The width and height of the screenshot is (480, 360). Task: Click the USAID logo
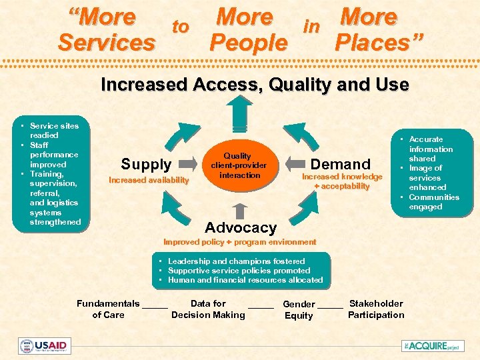44,345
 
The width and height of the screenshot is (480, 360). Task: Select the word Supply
146,164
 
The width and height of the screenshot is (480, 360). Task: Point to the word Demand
341,164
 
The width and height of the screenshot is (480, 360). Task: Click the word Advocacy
240,227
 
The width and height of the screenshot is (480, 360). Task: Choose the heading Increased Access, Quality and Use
255,85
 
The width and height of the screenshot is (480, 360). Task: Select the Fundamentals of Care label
108,309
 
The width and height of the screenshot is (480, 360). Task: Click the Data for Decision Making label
208,309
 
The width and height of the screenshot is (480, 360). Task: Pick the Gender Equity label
299,309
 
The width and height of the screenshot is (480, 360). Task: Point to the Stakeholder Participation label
376,309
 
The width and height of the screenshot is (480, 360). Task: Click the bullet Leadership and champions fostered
236,261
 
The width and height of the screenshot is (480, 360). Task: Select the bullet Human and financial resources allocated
245,280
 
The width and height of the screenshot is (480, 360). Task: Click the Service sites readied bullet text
54,130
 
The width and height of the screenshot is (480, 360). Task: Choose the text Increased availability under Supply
149,180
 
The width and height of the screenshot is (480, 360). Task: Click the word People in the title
248,43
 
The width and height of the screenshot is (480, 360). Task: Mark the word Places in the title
379,43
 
